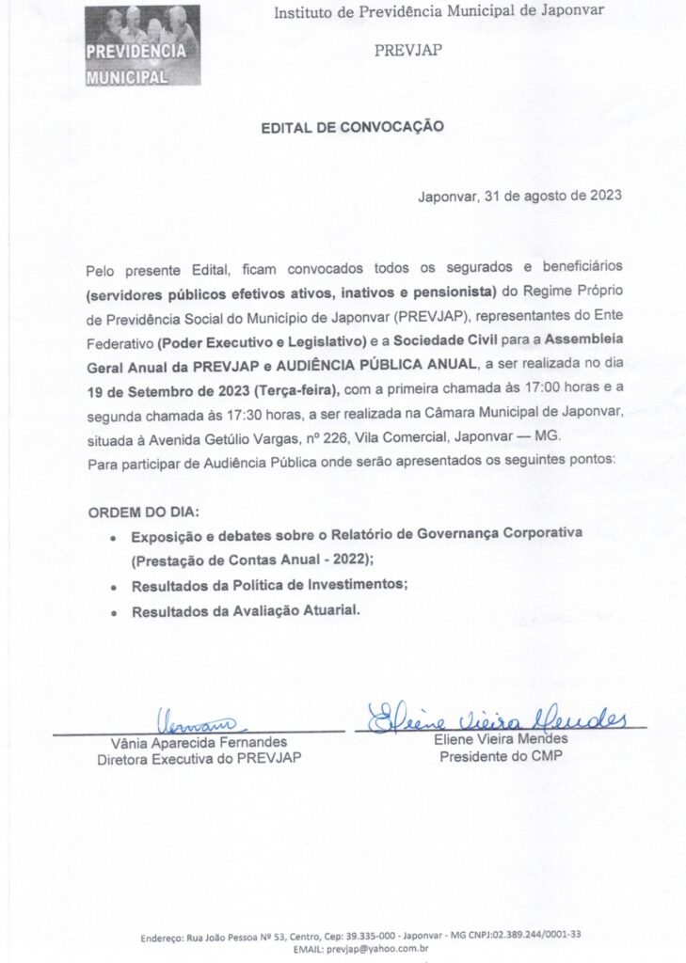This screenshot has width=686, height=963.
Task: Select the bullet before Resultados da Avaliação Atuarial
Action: (114, 612)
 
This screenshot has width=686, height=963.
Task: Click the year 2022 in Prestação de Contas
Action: (343, 560)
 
